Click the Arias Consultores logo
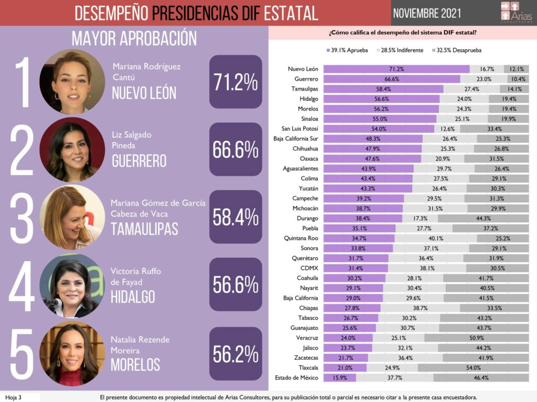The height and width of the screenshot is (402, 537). [517, 13]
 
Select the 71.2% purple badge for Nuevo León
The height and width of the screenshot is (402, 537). [235, 82]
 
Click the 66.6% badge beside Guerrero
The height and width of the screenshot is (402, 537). [235, 150]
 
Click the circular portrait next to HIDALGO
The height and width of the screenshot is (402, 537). [72, 286]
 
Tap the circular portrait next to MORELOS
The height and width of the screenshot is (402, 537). [72, 354]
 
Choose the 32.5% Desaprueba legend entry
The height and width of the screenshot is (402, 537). [456, 50]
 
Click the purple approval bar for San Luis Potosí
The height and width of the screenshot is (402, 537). [379, 129]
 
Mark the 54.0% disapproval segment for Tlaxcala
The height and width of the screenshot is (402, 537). [478, 367]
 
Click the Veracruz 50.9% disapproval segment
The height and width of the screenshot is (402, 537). [476, 338]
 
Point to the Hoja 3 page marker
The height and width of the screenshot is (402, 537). [13, 397]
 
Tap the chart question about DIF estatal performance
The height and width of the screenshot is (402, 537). [402, 33]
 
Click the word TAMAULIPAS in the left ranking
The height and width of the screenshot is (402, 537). [144, 229]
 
